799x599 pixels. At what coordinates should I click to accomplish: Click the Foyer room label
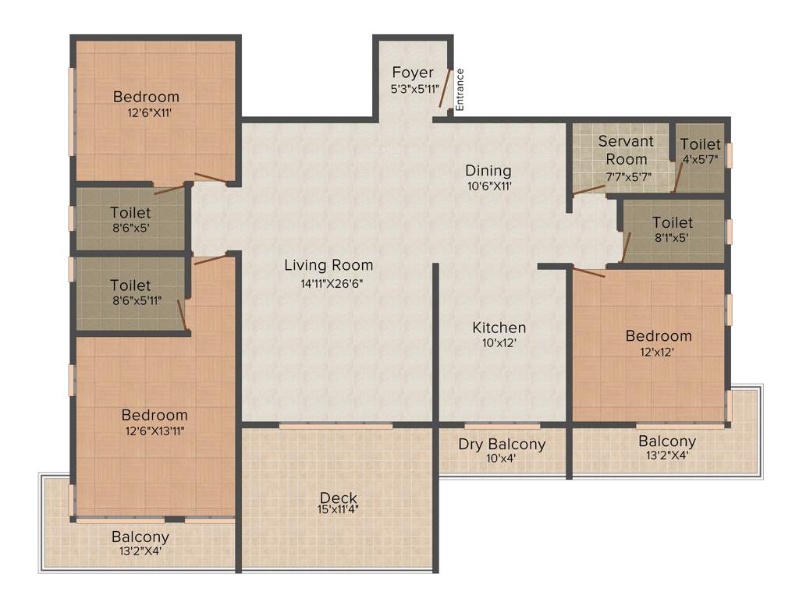tap(413, 73)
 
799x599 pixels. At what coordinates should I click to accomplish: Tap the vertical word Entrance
tap(460, 89)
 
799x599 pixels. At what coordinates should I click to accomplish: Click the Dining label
tap(488, 171)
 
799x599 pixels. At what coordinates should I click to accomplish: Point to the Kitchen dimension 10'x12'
tap(499, 342)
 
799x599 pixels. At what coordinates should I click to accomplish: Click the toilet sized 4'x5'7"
tap(700, 151)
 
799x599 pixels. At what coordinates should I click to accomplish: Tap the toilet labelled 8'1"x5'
tap(672, 230)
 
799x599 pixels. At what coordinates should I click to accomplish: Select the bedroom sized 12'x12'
tap(659, 343)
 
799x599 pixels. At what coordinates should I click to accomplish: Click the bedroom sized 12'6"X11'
tap(146, 105)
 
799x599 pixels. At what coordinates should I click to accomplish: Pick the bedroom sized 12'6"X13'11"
tap(154, 422)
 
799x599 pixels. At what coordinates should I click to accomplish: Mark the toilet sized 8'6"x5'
tap(130, 219)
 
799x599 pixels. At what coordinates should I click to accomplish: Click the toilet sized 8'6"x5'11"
tap(130, 292)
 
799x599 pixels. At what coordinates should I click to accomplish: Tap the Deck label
tap(339, 498)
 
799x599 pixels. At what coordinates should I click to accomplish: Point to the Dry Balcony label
tap(502, 445)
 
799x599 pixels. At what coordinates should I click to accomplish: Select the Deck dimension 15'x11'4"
tap(339, 510)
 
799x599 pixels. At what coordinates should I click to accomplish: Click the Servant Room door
tap(588, 190)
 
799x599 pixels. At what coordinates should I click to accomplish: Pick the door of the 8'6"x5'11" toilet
tap(181, 314)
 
